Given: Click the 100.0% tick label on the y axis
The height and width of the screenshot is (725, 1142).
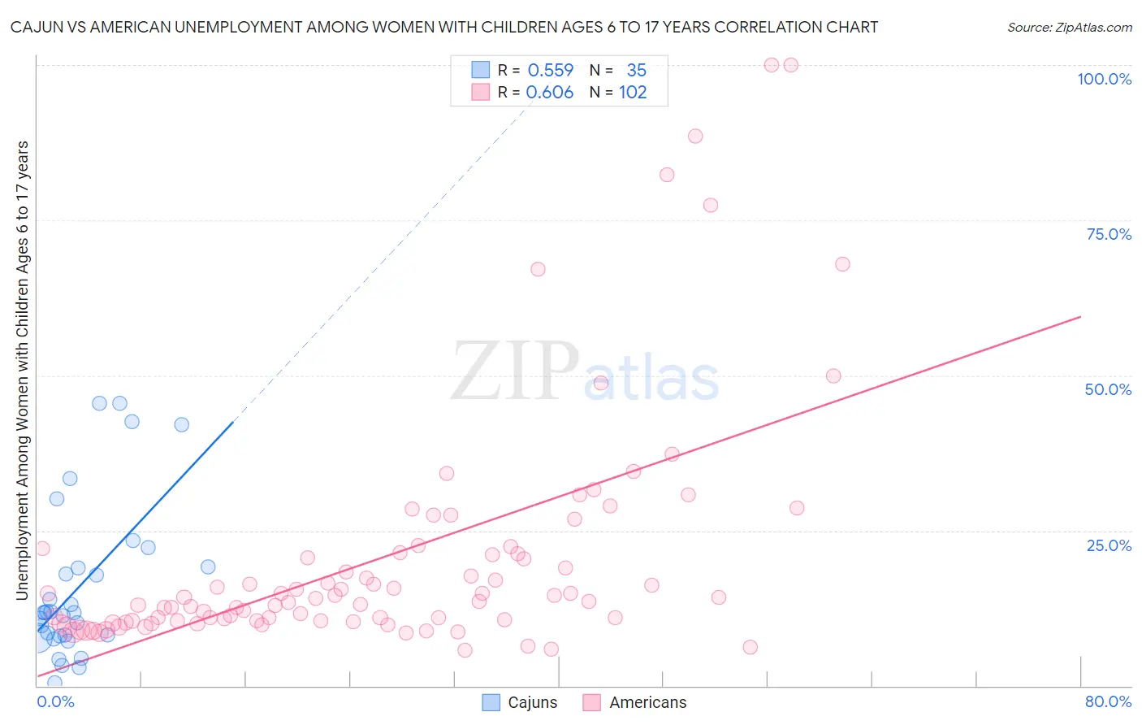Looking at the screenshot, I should [x=1104, y=79].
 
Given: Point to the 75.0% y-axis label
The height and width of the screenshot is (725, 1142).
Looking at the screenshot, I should [x=1109, y=234].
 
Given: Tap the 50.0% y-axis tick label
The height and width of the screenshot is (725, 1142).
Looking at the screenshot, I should [x=1108, y=389].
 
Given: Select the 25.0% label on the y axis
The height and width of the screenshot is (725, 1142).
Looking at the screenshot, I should [x=1109, y=545].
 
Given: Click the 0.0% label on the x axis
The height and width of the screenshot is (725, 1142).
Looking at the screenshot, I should [x=55, y=701].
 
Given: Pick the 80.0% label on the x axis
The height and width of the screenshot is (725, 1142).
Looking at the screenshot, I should [x=1108, y=701].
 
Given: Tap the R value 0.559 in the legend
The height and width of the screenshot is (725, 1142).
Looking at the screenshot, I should [x=551, y=71].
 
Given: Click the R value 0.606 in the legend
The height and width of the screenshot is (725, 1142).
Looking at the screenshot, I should [x=550, y=93].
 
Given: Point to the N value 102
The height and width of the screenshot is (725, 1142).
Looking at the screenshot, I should [x=633, y=93].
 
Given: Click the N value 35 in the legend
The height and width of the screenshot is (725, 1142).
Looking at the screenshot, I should [x=636, y=71].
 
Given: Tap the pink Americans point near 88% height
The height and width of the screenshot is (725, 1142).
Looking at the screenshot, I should [x=695, y=136].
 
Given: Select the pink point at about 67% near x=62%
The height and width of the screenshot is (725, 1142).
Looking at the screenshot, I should [x=842, y=264].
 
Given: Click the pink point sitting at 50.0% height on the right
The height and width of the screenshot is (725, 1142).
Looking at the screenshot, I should [x=833, y=376].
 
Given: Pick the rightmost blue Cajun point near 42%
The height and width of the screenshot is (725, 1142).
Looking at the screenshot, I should [x=182, y=424].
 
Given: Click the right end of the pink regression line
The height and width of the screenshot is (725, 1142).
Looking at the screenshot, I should [x=1080, y=316].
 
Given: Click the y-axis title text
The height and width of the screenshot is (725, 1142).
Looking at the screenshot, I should [x=22, y=371].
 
